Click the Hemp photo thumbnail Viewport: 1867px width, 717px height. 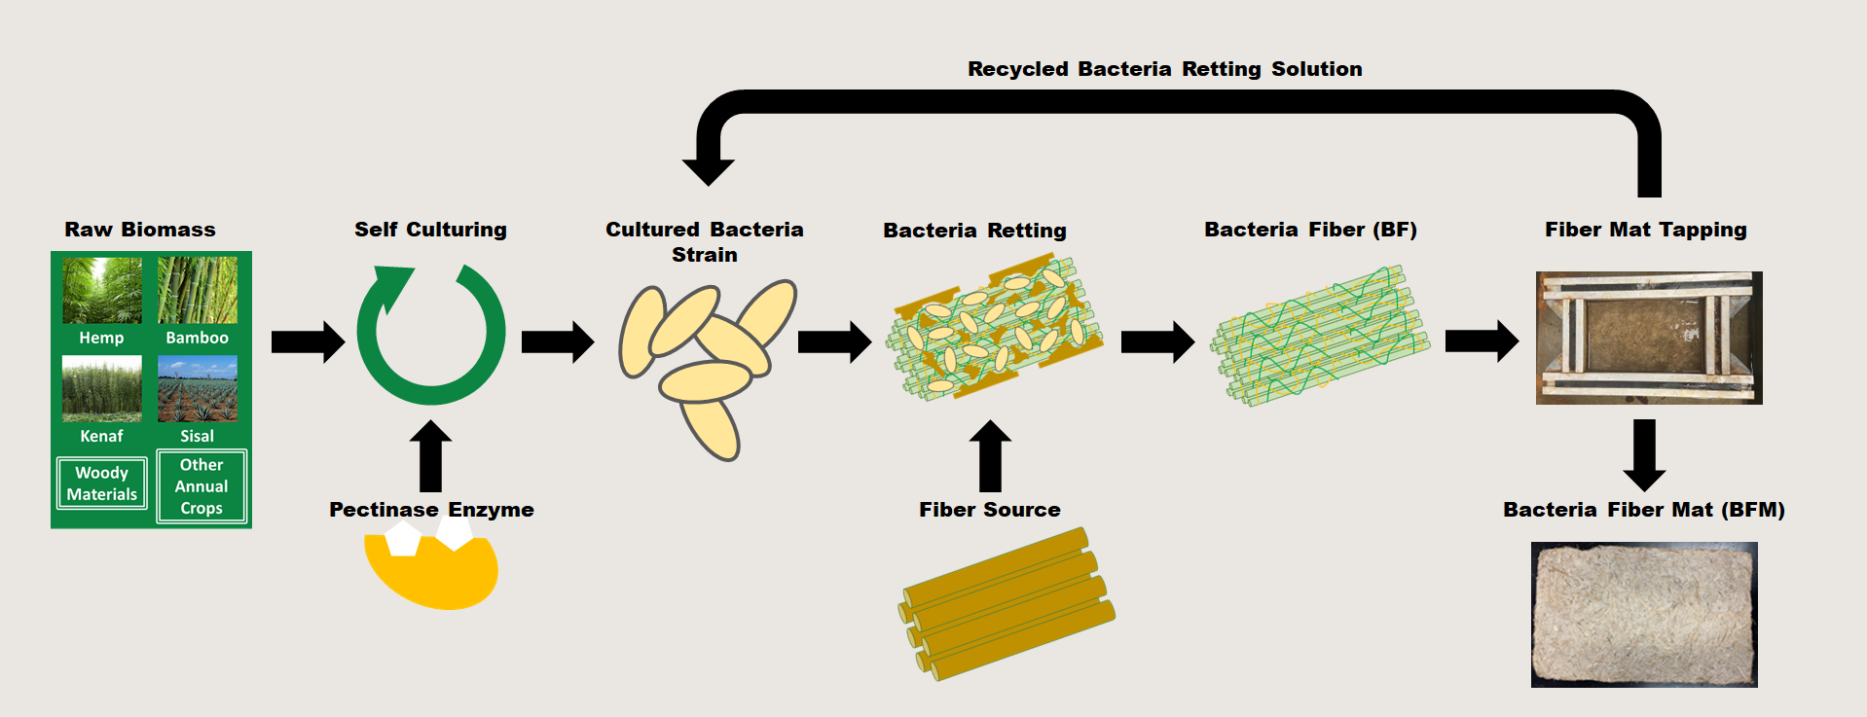[x=102, y=290]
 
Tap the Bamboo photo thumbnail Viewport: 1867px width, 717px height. [x=198, y=290]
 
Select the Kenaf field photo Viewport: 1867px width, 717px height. [x=102, y=388]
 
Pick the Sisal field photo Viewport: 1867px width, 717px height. [x=198, y=388]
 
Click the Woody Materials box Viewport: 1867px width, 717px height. [x=102, y=484]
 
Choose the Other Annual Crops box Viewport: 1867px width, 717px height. [x=201, y=486]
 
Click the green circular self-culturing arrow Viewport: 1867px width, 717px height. [x=430, y=336]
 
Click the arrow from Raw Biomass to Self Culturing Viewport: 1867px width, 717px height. [x=308, y=341]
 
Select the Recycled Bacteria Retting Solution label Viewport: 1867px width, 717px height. [x=1164, y=69]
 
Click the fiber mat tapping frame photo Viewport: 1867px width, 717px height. [x=1649, y=338]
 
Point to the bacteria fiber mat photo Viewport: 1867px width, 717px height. [x=1644, y=615]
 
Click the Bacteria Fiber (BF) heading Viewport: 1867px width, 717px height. [x=1310, y=230]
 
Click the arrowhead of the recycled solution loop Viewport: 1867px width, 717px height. [x=708, y=169]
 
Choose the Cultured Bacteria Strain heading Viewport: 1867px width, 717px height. [x=705, y=241]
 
